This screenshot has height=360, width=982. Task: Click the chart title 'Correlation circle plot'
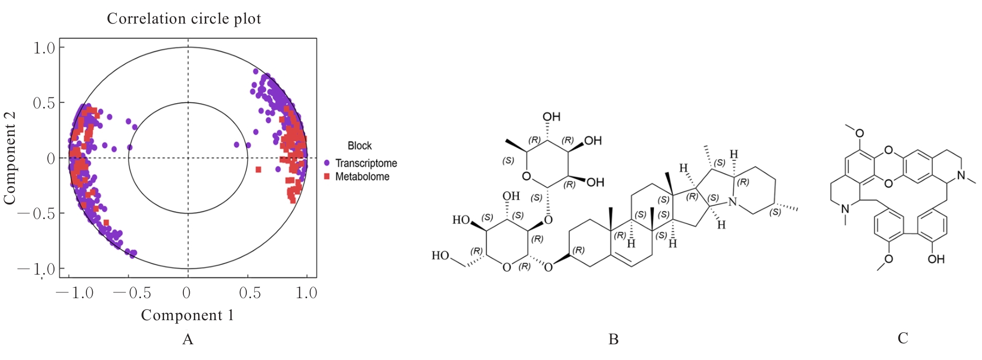[184, 19]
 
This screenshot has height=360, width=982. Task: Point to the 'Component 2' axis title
[9, 158]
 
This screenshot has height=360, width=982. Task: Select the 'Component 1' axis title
[188, 315]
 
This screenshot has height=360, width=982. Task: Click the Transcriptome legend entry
[361, 163]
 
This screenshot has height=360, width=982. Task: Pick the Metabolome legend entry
[357, 177]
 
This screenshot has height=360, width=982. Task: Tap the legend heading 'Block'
[359, 146]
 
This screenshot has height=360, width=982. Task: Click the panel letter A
[188, 340]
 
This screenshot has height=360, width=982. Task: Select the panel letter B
[614, 340]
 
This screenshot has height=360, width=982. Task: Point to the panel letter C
[903, 339]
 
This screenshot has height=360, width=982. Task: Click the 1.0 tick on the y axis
[44, 48]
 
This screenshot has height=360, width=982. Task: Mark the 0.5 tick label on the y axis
[44, 103]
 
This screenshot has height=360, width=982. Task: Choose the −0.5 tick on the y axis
[36, 213]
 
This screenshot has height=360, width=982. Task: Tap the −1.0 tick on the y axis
[36, 269]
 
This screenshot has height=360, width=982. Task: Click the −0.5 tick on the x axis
[132, 292]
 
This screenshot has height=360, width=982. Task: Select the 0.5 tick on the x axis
[250, 292]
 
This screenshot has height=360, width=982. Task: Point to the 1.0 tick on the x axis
[307, 292]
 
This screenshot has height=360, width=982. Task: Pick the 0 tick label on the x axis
[187, 292]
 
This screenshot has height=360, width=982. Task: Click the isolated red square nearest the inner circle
[258, 169]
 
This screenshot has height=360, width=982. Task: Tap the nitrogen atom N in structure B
[733, 202]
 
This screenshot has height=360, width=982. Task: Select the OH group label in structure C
[936, 259]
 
